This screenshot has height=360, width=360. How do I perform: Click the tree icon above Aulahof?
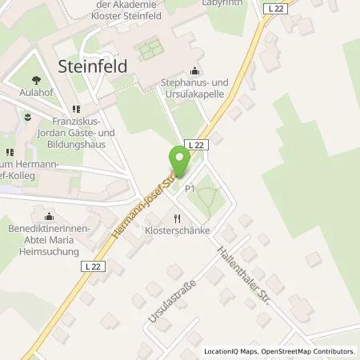pyautogui.click(x=36, y=79)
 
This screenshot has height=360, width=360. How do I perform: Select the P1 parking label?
pyautogui.click(x=190, y=189)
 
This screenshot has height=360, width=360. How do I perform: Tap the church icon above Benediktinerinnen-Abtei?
pyautogui.click(x=49, y=216)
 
